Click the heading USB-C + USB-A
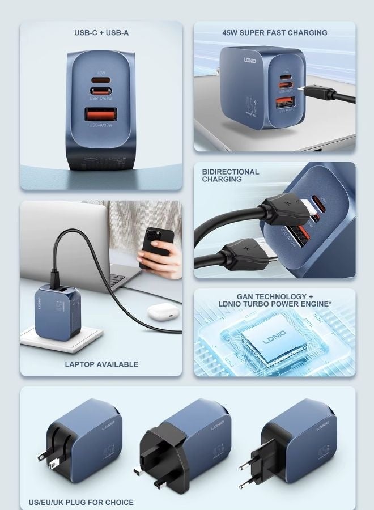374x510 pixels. click(x=101, y=33)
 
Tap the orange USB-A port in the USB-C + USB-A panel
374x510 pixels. click(x=102, y=114)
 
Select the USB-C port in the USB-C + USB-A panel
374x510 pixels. click(x=102, y=90)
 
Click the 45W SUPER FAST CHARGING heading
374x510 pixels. click(x=275, y=33)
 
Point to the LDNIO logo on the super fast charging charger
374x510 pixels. click(x=250, y=59)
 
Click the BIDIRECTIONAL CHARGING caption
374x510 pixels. click(x=230, y=175)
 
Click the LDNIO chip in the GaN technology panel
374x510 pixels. click(x=275, y=341)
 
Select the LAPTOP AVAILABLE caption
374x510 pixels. click(x=101, y=364)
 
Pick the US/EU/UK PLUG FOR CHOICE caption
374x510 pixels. click(x=81, y=502)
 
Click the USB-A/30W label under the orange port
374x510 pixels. click(x=102, y=125)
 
